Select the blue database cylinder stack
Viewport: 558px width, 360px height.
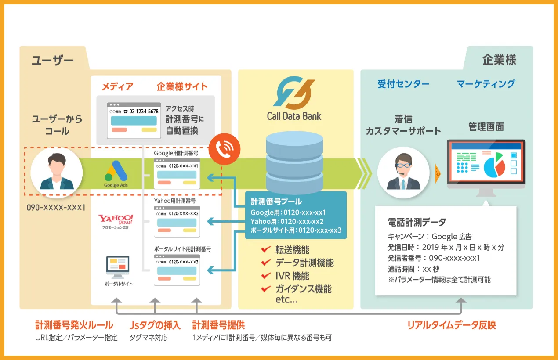294,161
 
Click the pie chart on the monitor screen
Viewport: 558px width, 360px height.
494,165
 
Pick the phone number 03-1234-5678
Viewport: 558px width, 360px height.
141,112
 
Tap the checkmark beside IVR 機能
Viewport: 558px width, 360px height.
265,276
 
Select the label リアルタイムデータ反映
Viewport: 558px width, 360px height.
451,325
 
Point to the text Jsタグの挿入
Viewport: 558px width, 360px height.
155,325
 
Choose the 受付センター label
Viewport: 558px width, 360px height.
403,83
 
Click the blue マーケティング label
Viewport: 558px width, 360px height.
486,83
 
